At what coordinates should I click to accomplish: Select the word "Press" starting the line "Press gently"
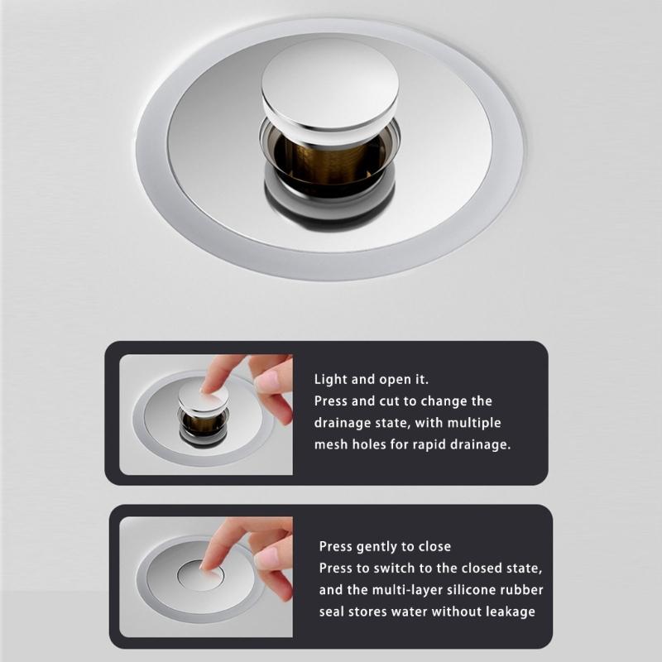pyautogui.click(x=336, y=547)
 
